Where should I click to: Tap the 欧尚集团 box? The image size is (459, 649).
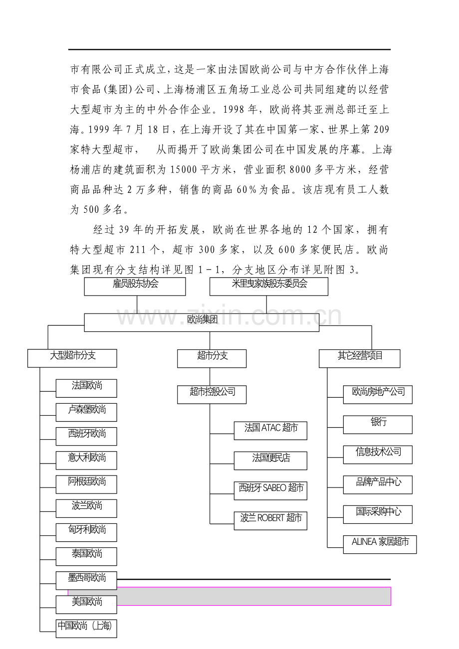click(x=202, y=322)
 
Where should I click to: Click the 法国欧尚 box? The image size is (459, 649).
click(x=86, y=387)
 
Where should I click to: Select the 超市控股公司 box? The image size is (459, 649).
click(x=212, y=394)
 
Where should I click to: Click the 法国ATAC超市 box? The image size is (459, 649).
click(x=270, y=430)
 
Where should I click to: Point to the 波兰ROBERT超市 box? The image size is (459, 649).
click(x=270, y=520)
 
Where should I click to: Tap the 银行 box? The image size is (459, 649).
click(x=378, y=424)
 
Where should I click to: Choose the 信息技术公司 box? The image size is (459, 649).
click(x=378, y=454)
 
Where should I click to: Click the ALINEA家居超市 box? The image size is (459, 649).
click(x=380, y=544)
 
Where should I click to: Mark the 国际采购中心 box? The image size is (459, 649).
click(x=378, y=514)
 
